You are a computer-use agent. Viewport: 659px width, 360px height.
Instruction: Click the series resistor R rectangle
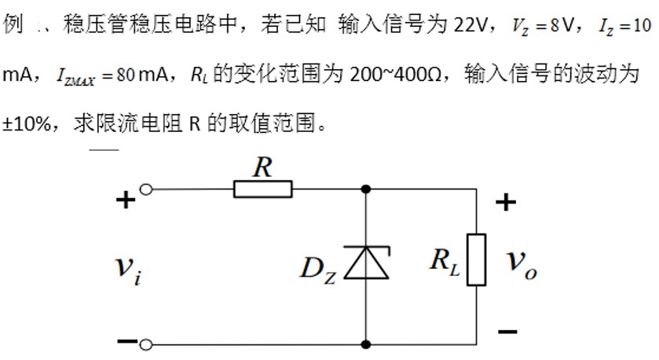(262, 189)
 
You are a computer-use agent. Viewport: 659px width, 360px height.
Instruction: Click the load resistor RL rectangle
(477, 260)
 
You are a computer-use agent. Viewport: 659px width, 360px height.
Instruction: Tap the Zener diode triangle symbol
(367, 263)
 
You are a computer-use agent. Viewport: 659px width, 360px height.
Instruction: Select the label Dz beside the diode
(318, 270)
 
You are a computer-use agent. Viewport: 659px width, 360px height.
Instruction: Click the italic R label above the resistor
(262, 167)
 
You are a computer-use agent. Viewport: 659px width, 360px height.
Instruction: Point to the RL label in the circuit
(445, 263)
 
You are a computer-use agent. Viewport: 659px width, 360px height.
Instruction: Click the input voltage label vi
(128, 270)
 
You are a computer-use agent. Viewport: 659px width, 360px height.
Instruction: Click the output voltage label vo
(522, 265)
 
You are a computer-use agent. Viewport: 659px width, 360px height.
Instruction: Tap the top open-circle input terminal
(146, 189)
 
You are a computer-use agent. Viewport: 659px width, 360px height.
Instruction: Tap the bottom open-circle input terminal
(146, 345)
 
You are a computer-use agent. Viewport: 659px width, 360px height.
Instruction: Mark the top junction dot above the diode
(366, 189)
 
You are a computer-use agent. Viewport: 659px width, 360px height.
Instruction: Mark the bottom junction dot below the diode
(366, 344)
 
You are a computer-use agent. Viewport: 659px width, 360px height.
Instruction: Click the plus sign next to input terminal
(126, 200)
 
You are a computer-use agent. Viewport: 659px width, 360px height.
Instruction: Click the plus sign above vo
(506, 202)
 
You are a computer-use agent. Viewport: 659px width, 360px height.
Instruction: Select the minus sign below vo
(507, 332)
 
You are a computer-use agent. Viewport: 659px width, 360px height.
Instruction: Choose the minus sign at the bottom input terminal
(127, 341)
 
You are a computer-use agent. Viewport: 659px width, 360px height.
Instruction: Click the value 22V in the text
(470, 25)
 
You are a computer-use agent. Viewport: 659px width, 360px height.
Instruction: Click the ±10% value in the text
(27, 124)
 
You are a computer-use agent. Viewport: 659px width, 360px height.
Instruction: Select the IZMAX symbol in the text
(75, 76)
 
